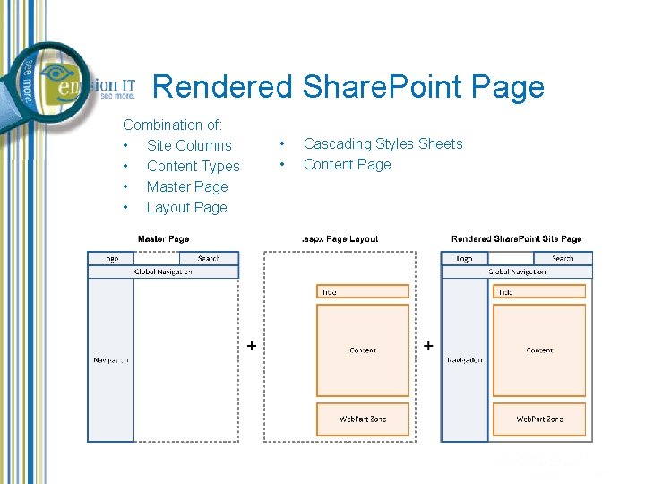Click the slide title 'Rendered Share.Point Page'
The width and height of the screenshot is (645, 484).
[x=348, y=87]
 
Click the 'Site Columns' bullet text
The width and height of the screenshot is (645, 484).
[x=189, y=145]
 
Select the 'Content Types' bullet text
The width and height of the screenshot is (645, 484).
[x=193, y=166]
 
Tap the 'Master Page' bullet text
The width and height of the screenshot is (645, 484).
[x=187, y=186]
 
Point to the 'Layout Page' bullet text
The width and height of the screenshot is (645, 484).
[x=186, y=207]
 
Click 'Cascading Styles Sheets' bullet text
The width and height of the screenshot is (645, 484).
[x=383, y=143]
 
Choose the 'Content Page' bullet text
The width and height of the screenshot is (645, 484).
[x=347, y=164]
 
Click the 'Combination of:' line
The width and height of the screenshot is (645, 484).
[x=173, y=125]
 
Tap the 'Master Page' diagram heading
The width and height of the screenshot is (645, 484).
[x=163, y=239]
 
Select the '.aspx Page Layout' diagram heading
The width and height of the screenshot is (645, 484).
[x=340, y=239]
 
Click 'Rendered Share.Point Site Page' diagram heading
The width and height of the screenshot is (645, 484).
[x=516, y=239]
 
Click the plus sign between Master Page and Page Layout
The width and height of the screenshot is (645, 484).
[x=252, y=345]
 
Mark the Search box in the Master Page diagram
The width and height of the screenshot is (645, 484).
[x=209, y=258]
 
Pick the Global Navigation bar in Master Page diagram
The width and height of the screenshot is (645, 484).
[x=163, y=272]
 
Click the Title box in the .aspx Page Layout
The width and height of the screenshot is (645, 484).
[x=363, y=291]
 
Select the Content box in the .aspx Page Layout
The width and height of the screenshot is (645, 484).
[x=363, y=350]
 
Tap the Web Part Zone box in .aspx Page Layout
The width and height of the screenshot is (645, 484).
[x=363, y=419]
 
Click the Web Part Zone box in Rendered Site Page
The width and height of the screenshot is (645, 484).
[x=539, y=419]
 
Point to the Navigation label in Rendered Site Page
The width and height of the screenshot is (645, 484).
[x=464, y=360]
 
